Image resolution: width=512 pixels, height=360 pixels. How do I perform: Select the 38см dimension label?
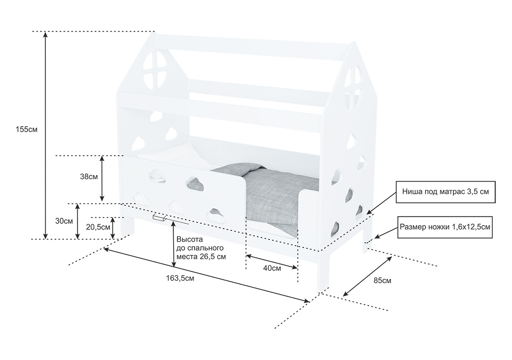point(89,176)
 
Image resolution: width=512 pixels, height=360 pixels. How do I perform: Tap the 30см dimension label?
point(64,221)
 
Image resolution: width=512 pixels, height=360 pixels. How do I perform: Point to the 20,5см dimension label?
point(98,227)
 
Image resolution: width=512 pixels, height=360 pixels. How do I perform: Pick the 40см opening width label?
point(272,268)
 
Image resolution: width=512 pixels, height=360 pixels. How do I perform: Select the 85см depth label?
point(382,280)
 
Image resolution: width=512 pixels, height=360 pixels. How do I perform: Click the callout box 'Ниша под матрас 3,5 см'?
point(445,192)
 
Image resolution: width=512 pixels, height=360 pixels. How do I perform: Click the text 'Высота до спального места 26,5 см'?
point(201,248)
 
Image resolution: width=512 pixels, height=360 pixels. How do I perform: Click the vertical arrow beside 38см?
point(102,178)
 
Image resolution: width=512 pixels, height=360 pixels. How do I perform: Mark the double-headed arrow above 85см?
point(367,276)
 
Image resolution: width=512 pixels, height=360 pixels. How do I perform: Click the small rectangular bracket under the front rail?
point(159,218)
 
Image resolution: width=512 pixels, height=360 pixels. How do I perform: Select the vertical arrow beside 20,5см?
point(113,228)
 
